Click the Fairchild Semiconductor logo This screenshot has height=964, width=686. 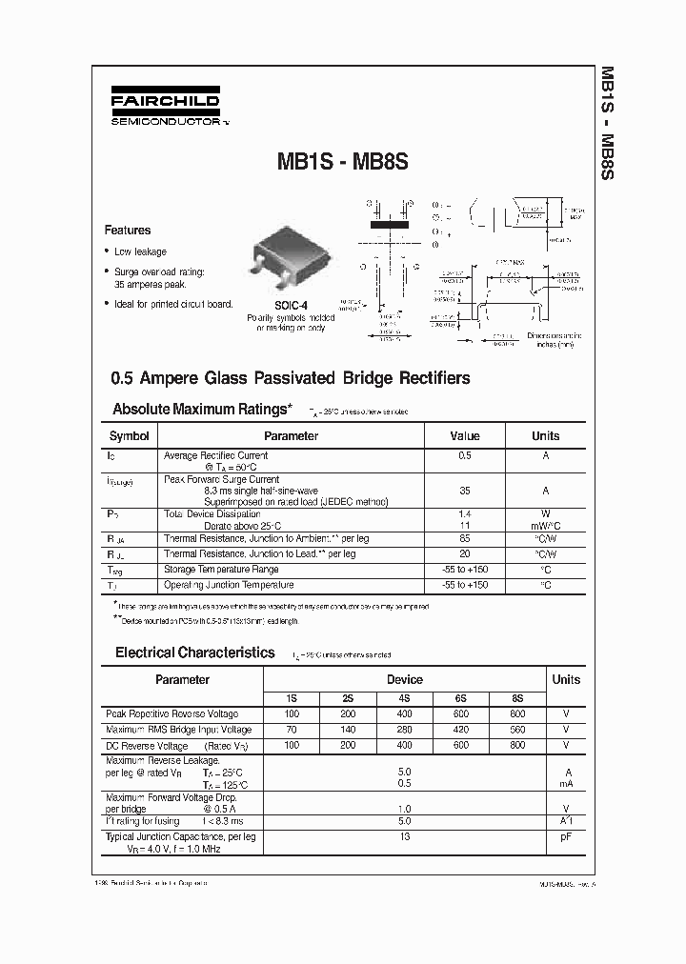(165, 110)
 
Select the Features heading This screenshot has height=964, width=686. (128, 230)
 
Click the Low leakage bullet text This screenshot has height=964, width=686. (140, 251)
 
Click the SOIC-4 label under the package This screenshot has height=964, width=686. (291, 306)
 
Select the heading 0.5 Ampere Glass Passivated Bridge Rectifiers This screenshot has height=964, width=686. (291, 378)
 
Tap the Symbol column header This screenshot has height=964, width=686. (130, 436)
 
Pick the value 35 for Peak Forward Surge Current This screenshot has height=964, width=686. (464, 491)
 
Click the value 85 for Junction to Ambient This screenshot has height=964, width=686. (464, 538)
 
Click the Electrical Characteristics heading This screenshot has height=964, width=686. (195, 653)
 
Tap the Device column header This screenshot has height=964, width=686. (404, 679)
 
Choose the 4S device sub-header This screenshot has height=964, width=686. (404, 697)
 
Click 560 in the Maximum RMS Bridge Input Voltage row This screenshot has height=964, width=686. (516, 730)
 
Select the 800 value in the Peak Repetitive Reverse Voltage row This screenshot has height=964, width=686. (516, 713)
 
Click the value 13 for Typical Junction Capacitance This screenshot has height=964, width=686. (404, 836)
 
